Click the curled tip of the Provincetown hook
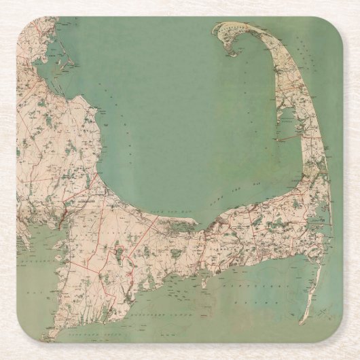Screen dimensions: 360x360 (230, 53)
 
